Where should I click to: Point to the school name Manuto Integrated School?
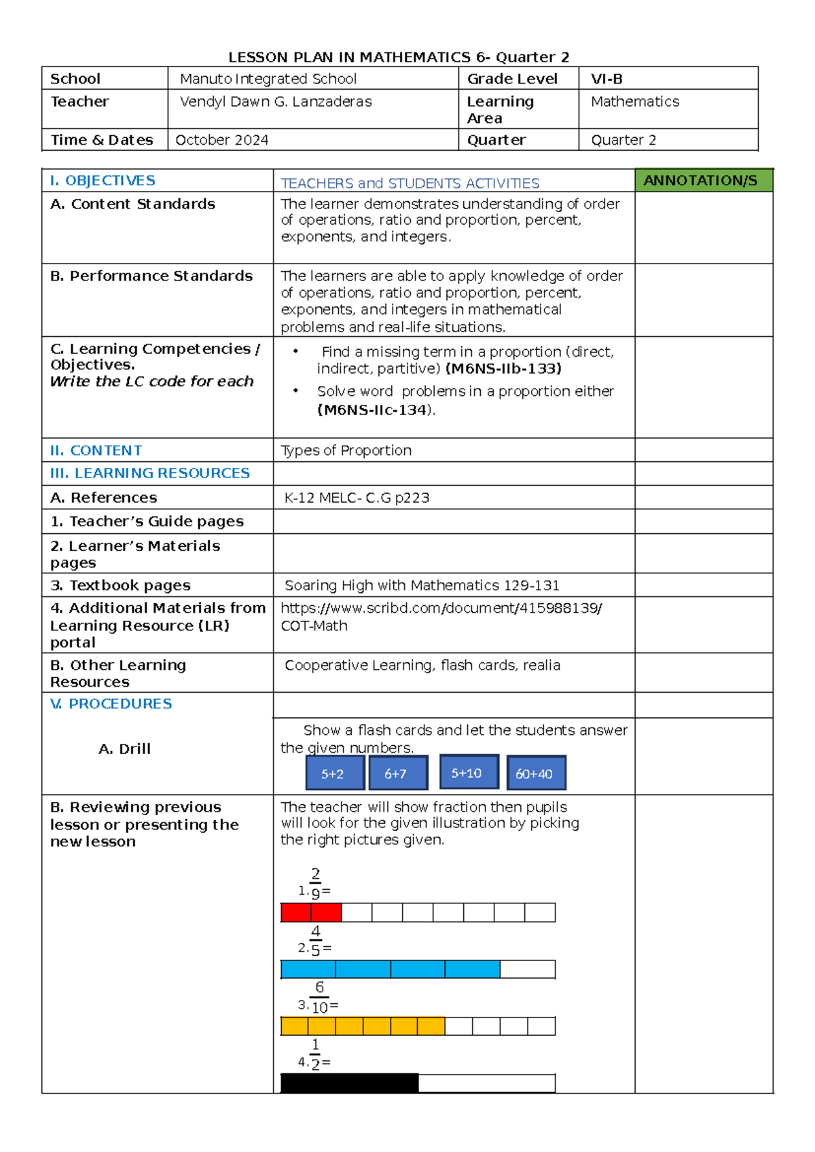tap(268, 79)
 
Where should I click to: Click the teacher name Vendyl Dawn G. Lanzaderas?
tap(276, 102)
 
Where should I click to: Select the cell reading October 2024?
tap(222, 140)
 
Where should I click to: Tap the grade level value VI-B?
tap(606, 79)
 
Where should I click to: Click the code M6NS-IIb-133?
tap(503, 369)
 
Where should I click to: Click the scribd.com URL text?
tap(441, 609)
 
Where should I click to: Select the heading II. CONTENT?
tap(96, 450)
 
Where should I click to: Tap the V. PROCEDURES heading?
tap(111, 704)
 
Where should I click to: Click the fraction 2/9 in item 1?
tap(315, 883)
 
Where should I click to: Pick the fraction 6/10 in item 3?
tap(319, 997)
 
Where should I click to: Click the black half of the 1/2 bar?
tap(349, 1083)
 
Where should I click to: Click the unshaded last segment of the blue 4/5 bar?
tap(527, 969)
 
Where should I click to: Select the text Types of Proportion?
tap(346, 450)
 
